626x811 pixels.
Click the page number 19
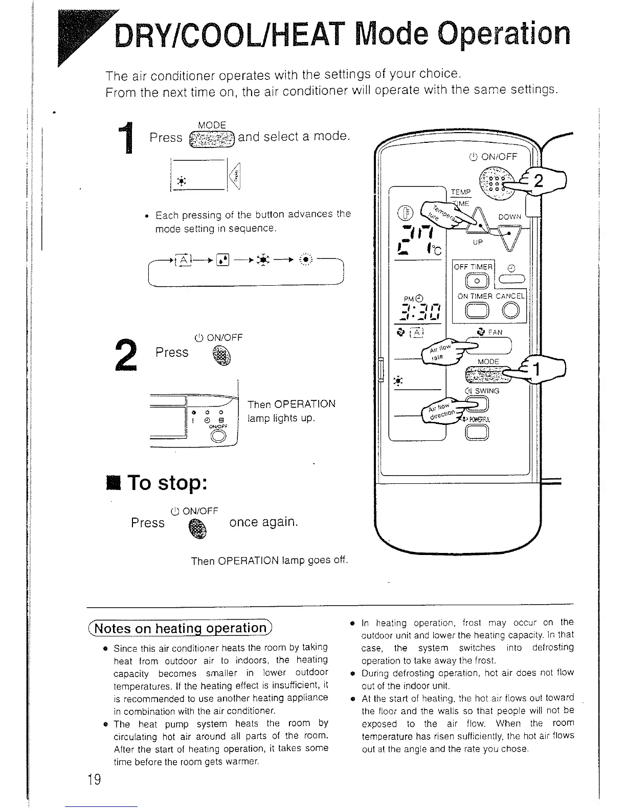[94, 780]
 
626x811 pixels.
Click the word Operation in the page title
[501, 35]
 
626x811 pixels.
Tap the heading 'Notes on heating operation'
[182, 628]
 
